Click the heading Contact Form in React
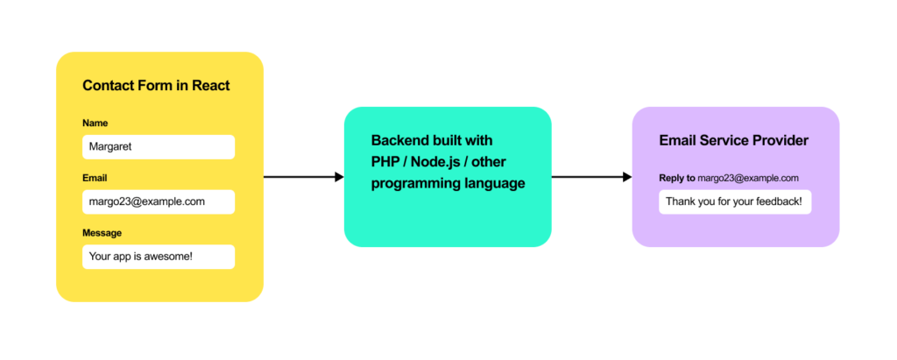(x=156, y=86)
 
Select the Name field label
(x=95, y=124)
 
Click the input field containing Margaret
(x=159, y=147)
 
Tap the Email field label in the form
(x=95, y=178)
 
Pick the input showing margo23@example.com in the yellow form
(x=159, y=201)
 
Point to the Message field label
(x=102, y=233)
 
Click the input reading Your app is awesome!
(x=159, y=257)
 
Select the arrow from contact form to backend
(x=303, y=177)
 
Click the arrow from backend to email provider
(x=591, y=177)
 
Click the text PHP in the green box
(x=386, y=162)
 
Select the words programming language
(x=448, y=184)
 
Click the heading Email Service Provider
(x=733, y=140)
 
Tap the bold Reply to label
(x=677, y=178)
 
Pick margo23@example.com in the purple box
(x=748, y=178)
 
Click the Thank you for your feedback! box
(x=735, y=201)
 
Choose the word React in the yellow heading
(x=210, y=86)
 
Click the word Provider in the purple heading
(x=780, y=140)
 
